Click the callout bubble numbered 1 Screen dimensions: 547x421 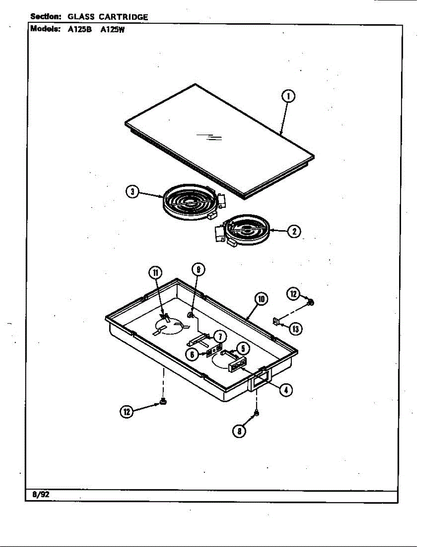point(288,97)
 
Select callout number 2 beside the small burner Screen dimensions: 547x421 point(294,231)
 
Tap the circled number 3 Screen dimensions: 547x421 point(132,192)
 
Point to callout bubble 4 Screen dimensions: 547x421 point(286,389)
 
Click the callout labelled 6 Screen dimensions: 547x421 point(193,354)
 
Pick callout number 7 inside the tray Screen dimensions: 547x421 point(219,336)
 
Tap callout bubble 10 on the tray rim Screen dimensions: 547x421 point(261,299)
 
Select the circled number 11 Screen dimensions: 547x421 point(155,273)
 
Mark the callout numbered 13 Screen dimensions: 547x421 point(296,328)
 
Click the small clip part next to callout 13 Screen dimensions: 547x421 point(276,322)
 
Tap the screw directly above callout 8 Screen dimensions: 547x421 point(256,413)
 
